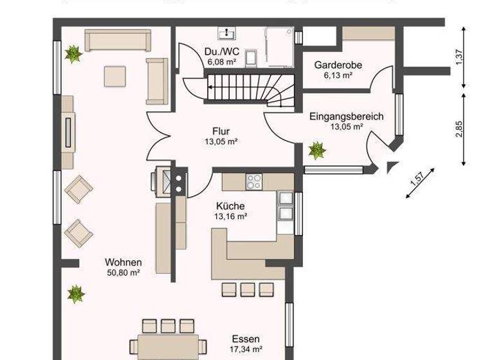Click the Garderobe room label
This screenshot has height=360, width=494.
coord(338,65)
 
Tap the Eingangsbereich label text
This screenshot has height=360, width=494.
coord(346,116)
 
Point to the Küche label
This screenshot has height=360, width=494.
coord(230,206)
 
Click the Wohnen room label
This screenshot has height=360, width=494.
coord(123,262)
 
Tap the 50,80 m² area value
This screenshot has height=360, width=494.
coord(123,273)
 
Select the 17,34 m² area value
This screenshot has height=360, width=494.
coord(248,349)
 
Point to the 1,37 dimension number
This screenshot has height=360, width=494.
coord(459,57)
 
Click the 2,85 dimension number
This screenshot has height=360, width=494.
coord(459,128)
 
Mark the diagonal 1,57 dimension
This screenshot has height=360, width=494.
coord(419,185)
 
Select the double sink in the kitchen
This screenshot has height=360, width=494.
coord(285,206)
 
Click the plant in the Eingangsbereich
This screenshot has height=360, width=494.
coord(317,151)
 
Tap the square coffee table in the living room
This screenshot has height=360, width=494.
coord(116,76)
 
